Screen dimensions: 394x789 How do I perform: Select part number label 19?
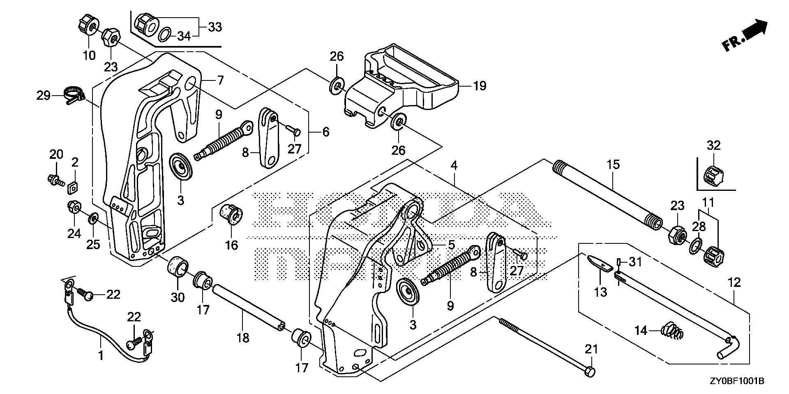click(479, 86)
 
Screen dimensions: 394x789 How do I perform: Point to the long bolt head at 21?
click(590, 371)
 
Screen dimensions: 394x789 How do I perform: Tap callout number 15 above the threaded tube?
click(613, 165)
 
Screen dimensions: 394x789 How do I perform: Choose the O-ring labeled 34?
click(165, 34)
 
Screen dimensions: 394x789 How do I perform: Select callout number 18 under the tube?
click(243, 338)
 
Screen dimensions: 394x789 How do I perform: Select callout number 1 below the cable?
click(101, 355)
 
